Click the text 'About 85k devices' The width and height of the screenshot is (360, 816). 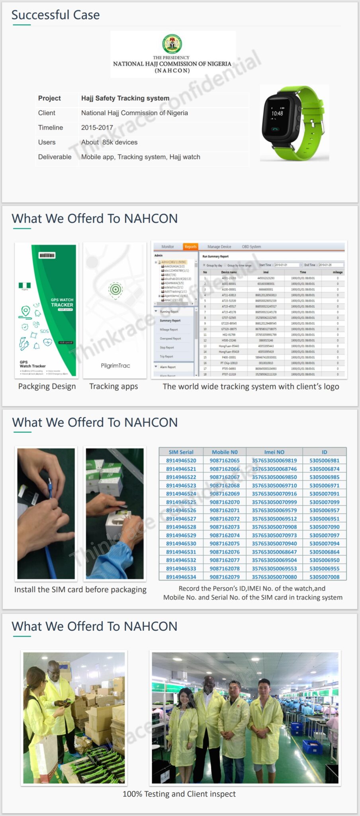pos(109,142)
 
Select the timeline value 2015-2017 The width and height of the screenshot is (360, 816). pos(97,127)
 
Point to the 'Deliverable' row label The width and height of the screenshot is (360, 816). pos(55,157)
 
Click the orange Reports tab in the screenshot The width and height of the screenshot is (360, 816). pos(190,247)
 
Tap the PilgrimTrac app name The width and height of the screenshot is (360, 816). pos(115,365)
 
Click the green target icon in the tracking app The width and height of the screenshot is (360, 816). pos(115,289)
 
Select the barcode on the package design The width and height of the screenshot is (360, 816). pos(47,255)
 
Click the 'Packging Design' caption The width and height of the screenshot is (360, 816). pos(47,386)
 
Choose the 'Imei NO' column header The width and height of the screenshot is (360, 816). pos(274,452)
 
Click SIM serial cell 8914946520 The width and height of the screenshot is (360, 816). pos(181,461)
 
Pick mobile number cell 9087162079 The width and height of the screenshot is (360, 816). pos(225,577)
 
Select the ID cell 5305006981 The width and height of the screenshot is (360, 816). pos(324,461)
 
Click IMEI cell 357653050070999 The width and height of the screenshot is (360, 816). pos(274,502)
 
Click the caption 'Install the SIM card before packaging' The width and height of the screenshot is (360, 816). pos(80,590)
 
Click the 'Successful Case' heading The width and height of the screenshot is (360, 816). pos(55,15)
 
